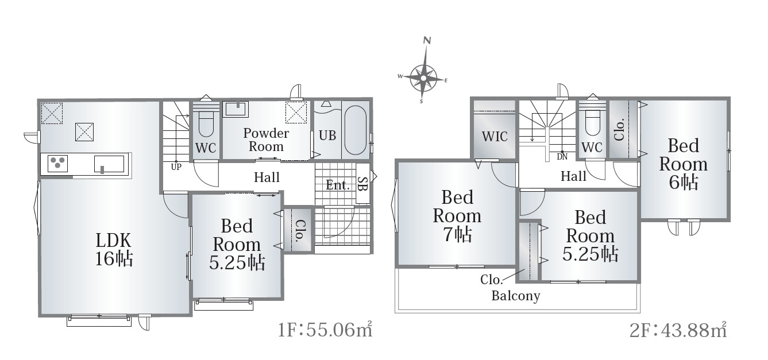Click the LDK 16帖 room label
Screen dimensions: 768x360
point(114,250)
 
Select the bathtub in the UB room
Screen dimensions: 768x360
point(355,130)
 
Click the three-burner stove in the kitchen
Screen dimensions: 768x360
point(57,164)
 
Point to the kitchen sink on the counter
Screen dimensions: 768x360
point(109,164)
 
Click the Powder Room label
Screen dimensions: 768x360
point(266,140)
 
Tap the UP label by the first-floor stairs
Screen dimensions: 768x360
point(176,167)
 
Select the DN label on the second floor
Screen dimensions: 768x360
point(562,157)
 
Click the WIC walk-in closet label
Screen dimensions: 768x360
point(495,137)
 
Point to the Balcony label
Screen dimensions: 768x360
point(516,296)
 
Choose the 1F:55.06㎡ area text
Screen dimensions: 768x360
point(325,330)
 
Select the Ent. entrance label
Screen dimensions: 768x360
point(338,185)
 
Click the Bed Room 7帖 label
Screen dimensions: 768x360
point(457,216)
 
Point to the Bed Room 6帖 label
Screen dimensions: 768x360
point(683,164)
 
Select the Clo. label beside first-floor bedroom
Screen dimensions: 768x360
point(299,230)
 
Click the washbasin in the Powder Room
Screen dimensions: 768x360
point(236,109)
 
